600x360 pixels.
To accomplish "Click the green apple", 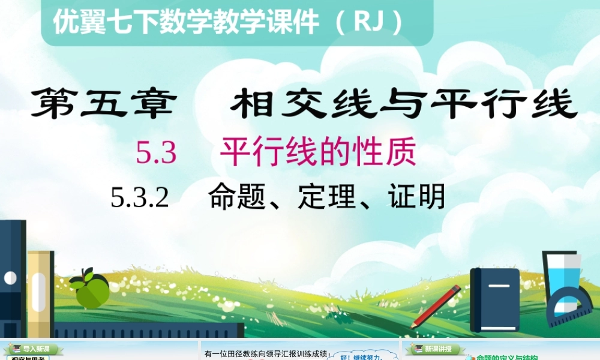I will (91, 292).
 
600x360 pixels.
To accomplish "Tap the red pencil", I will (436, 306).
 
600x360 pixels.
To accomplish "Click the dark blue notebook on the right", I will (494, 299).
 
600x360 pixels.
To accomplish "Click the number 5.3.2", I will (140, 197).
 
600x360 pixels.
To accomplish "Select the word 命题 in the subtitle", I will (238, 196).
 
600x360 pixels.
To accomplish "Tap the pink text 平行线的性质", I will (318, 153).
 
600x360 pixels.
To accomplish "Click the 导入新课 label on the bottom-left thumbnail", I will (36, 349).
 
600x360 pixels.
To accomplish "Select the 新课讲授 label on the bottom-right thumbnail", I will (438, 349).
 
